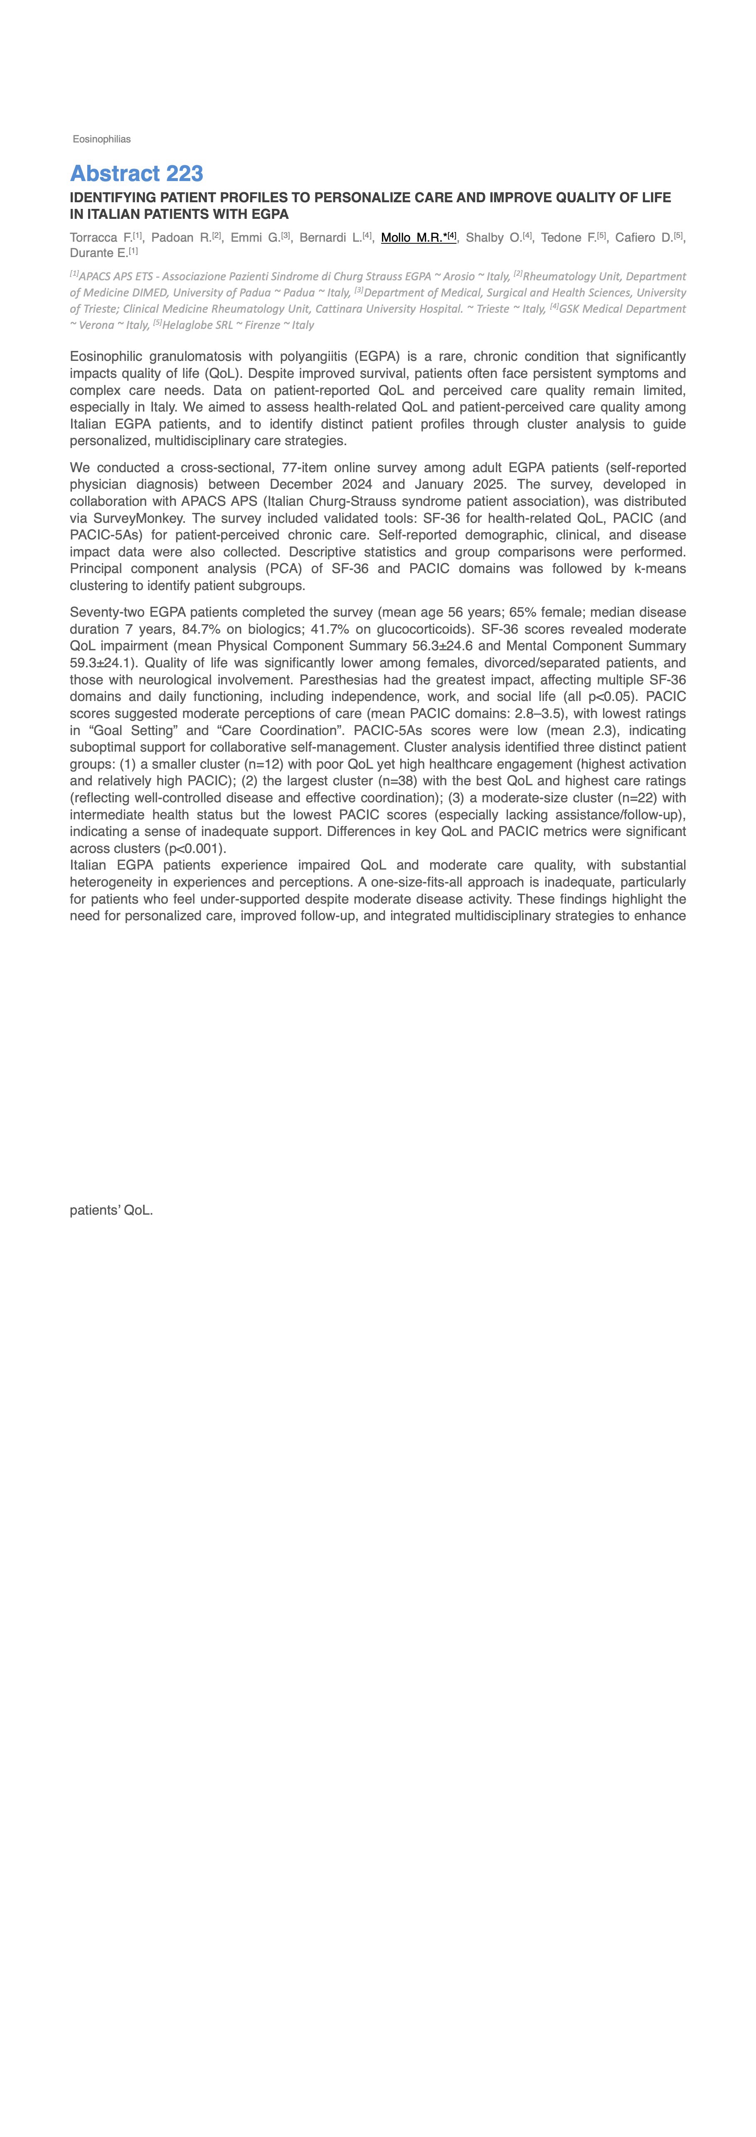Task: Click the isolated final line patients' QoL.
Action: pos(111,1211)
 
